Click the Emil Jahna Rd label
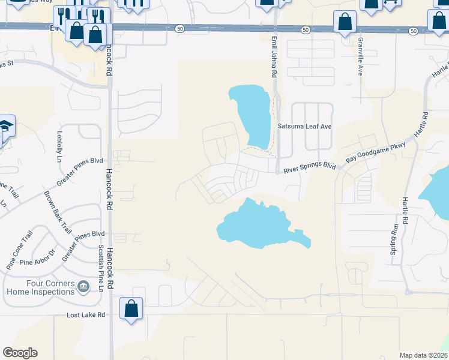[274, 56]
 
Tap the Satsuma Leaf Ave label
[304, 127]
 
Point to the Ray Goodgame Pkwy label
[376, 152]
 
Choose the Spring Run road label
[394, 240]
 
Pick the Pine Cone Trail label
[17, 250]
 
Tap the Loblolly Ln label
[59, 147]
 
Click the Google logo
[20, 353]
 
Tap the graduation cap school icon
[5, 127]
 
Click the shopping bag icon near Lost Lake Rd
[131, 309]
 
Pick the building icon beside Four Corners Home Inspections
[83, 287]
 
